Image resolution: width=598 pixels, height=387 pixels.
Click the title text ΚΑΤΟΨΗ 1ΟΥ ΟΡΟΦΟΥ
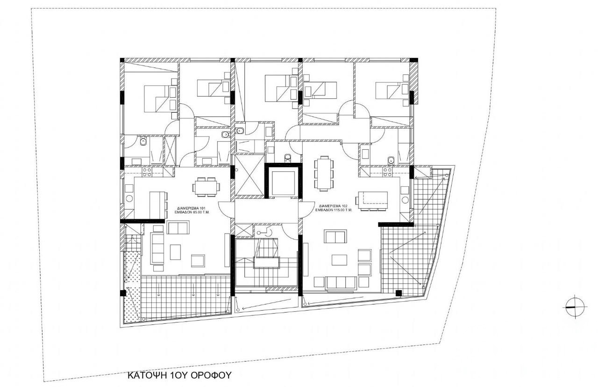(180, 375)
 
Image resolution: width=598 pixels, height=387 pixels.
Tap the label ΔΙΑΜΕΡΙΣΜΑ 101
(192, 207)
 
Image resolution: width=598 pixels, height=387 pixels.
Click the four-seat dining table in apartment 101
(206, 187)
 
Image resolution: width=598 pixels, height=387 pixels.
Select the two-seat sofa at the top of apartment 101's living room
(178, 228)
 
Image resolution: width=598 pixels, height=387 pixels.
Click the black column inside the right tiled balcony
(398, 293)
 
